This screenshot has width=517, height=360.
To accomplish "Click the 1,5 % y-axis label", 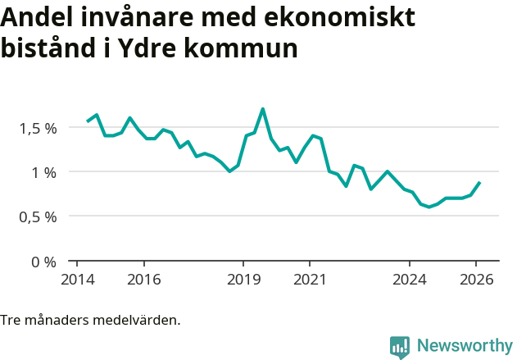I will (x=38, y=128).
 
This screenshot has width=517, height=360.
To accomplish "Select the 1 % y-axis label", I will (x=44, y=172).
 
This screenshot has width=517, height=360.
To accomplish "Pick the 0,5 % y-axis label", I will (x=38, y=217).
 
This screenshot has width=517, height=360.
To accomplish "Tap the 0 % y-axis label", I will (x=44, y=262).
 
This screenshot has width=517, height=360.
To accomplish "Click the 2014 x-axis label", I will (x=76, y=279).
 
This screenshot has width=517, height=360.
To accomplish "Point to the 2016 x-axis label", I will (x=143, y=279).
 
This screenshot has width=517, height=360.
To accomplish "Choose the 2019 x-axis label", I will (x=243, y=279).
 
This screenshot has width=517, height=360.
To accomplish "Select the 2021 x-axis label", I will (x=310, y=279).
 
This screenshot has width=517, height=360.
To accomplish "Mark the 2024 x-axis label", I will (x=410, y=279).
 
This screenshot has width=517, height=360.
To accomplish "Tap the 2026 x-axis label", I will (x=476, y=279).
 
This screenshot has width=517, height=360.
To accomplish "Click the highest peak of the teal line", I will (x=262, y=109).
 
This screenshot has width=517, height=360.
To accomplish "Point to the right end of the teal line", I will (x=479, y=183).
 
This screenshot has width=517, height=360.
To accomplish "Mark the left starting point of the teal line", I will (x=88, y=121).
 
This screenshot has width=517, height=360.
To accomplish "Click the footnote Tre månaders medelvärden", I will (x=90, y=320).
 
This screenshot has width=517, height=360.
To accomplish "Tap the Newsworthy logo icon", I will (x=400, y=347).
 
